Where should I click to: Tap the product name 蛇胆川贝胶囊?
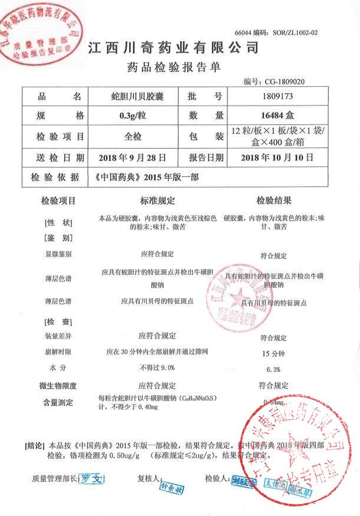137,96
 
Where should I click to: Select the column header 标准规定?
157,202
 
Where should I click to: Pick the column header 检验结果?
273,202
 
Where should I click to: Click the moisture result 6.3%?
273,370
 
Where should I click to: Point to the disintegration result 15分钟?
273,354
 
